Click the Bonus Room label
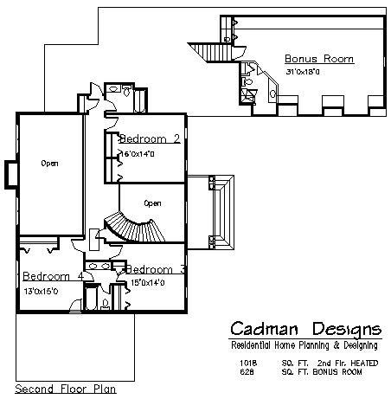(319, 59)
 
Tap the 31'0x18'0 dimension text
(303, 72)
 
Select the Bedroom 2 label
(150, 138)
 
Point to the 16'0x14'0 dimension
(138, 154)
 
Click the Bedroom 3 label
(156, 269)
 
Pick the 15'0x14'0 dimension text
(148, 282)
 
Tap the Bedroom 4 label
(54, 276)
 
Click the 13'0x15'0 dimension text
(41, 291)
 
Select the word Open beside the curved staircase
(152, 203)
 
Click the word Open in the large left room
(49, 164)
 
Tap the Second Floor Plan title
(66, 389)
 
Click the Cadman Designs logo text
(306, 329)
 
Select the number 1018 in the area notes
(248, 363)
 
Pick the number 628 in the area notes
(247, 372)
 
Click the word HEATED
(364, 363)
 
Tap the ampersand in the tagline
(337, 345)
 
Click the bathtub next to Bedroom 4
(91, 298)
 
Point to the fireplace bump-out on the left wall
(11, 175)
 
